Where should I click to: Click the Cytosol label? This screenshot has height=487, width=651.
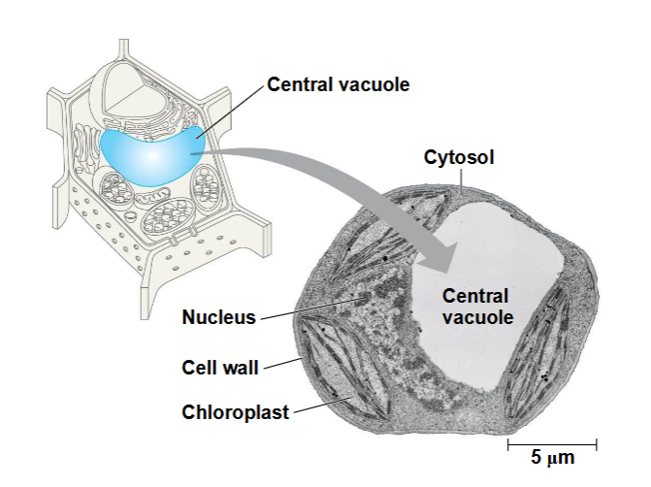(459, 157)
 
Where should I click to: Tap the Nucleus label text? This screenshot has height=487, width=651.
(219, 317)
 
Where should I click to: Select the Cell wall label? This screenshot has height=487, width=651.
(220, 368)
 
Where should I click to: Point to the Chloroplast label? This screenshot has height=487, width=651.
(236, 412)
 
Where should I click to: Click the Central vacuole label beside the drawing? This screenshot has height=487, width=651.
(339, 84)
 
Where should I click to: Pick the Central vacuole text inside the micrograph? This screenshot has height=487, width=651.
(477, 307)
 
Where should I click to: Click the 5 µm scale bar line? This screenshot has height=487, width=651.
(552, 444)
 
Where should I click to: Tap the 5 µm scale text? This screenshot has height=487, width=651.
(553, 458)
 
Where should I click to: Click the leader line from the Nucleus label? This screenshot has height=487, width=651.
(310, 308)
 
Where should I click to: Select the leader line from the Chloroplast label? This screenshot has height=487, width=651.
(323, 405)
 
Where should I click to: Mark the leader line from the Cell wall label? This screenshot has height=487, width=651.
(282, 363)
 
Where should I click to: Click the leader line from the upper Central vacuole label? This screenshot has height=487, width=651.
(231, 112)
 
